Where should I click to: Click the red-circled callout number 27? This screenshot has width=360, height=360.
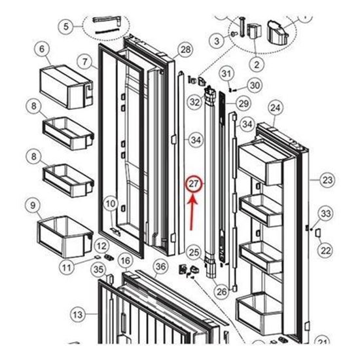[194, 185]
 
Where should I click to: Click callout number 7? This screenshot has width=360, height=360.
[85, 62]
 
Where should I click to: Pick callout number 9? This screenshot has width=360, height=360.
[30, 206]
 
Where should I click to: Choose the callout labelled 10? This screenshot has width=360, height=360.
[111, 204]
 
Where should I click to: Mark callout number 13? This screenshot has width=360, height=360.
[77, 315]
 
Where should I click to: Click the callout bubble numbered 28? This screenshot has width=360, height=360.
[185, 50]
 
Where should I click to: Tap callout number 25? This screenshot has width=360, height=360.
[193, 251]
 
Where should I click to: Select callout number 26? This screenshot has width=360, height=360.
[221, 291]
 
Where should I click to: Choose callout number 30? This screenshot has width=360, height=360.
[254, 85]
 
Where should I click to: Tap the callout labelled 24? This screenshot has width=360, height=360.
[275, 107]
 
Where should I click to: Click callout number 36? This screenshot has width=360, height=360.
[160, 265]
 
